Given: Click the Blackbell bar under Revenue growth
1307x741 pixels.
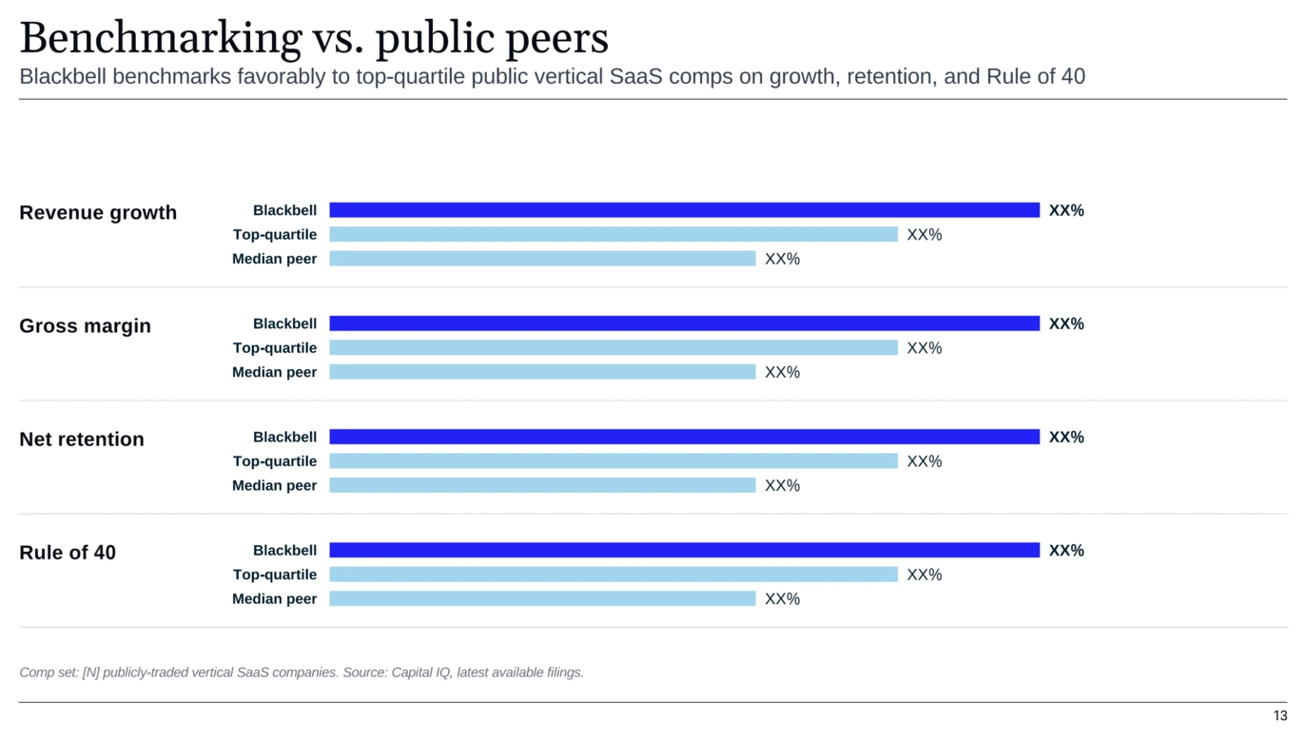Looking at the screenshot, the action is point(685,210).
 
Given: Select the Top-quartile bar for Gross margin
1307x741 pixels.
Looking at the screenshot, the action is point(614,348).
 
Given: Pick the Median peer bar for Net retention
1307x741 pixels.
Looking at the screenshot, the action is point(542,485).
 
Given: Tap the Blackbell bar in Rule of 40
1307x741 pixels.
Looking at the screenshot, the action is point(685,550).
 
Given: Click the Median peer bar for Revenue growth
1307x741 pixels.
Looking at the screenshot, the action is point(542,259).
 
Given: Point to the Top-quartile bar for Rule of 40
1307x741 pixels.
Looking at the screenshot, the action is point(614,575).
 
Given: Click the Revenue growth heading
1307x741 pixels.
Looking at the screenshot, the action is point(98,212).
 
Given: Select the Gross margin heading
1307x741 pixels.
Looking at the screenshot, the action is point(86,325).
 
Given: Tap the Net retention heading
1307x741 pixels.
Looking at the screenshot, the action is point(82,439).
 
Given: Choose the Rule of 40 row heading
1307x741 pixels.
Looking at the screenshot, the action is point(68,552).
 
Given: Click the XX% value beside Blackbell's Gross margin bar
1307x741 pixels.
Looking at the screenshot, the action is point(1066,323).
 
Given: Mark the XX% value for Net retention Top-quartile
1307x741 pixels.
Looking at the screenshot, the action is point(925,461).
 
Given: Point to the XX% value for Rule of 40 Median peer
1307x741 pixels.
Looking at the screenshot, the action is point(783,599).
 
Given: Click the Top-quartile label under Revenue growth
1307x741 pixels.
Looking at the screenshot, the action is point(275,235).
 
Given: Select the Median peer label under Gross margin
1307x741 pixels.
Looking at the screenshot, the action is point(274,372).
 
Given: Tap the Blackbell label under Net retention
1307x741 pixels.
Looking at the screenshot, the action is point(284,437).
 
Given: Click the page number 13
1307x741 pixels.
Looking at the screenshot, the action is point(1280,716).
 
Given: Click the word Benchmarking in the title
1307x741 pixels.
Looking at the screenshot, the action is point(161,38).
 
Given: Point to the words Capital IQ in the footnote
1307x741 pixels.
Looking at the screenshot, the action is point(420,673).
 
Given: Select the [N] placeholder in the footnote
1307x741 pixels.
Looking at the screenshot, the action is point(91,673).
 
